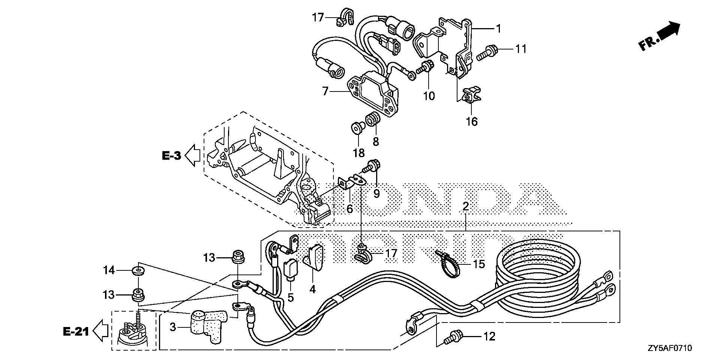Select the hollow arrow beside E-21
pos(100,331)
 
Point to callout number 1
pos(498,28)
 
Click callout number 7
pos(325,91)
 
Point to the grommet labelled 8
pos(373,119)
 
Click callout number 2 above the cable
pos(466,206)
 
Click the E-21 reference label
pos(75,331)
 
